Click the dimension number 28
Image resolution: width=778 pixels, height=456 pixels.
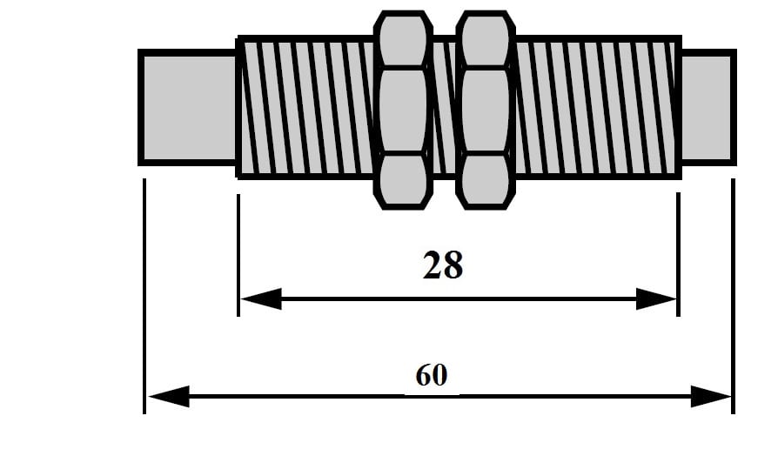point(442,265)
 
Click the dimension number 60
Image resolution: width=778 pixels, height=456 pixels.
point(431,375)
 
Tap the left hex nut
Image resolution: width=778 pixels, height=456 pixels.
point(403,111)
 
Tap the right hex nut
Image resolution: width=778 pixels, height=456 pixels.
point(486,111)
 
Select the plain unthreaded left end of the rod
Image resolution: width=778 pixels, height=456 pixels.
point(187,106)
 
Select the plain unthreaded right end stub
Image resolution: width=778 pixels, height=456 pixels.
point(706,106)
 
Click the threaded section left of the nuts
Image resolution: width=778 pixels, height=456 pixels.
point(306,106)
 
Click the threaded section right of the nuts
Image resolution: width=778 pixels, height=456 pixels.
point(597,106)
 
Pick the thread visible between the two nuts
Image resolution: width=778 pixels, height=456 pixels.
point(445,106)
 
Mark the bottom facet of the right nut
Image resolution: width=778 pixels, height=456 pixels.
point(486,180)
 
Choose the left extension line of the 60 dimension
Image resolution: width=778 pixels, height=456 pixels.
point(144,296)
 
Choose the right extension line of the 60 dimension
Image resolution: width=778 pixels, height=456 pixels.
point(733,296)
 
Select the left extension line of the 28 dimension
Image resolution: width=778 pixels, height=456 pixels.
point(238,252)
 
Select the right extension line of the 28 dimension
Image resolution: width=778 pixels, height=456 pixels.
point(678,252)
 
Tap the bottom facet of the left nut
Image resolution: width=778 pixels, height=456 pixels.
point(403,180)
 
